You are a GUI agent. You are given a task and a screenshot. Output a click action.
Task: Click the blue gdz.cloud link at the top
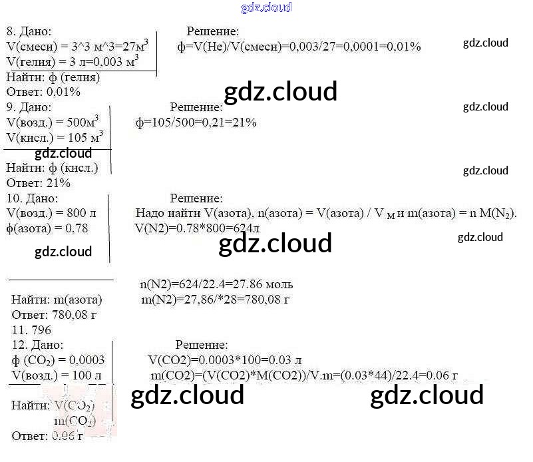266,8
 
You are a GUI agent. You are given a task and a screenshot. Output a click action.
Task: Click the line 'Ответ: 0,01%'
43,92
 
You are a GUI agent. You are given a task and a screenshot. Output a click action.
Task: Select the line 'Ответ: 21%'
39,183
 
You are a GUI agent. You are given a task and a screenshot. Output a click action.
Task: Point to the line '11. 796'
32,330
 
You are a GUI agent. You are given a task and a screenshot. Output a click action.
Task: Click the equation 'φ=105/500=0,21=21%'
196,122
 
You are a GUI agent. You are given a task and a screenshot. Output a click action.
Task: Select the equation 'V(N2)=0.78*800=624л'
196,228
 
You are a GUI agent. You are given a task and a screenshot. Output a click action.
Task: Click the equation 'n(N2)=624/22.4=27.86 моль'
216,284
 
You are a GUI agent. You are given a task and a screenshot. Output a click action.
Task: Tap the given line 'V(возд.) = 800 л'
51,214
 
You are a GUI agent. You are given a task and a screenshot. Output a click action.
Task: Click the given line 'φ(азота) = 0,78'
47,228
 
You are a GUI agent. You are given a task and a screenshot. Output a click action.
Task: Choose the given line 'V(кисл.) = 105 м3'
55,137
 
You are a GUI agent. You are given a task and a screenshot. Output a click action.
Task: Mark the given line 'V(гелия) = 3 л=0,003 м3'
73,61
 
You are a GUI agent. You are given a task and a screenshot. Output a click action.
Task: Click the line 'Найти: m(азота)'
57,300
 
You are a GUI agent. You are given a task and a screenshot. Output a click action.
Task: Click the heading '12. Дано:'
38,345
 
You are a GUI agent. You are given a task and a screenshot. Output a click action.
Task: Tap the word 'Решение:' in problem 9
196,107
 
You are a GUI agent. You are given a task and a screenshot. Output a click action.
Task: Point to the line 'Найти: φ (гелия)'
53,77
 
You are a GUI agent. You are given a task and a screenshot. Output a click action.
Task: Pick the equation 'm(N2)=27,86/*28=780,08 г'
216,300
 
